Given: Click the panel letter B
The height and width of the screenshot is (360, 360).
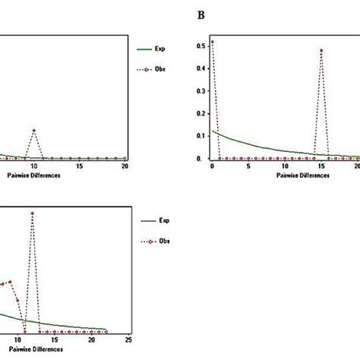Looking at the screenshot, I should tap(201, 14).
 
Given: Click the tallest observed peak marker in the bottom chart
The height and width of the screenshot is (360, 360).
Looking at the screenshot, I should tap(32, 213).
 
